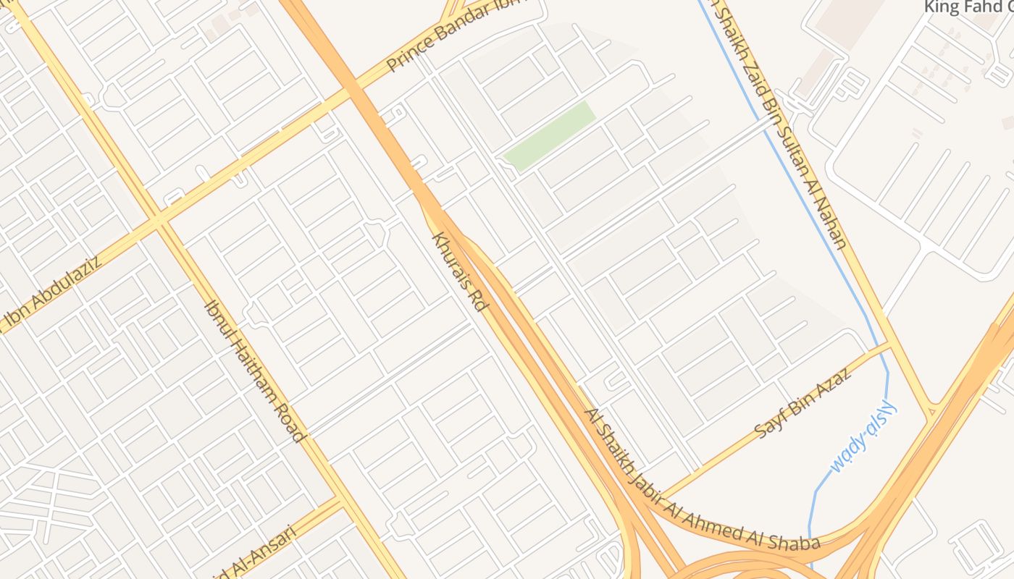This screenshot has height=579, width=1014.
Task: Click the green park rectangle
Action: (x=550, y=135)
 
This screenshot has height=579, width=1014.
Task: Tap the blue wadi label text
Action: (x=864, y=437)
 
